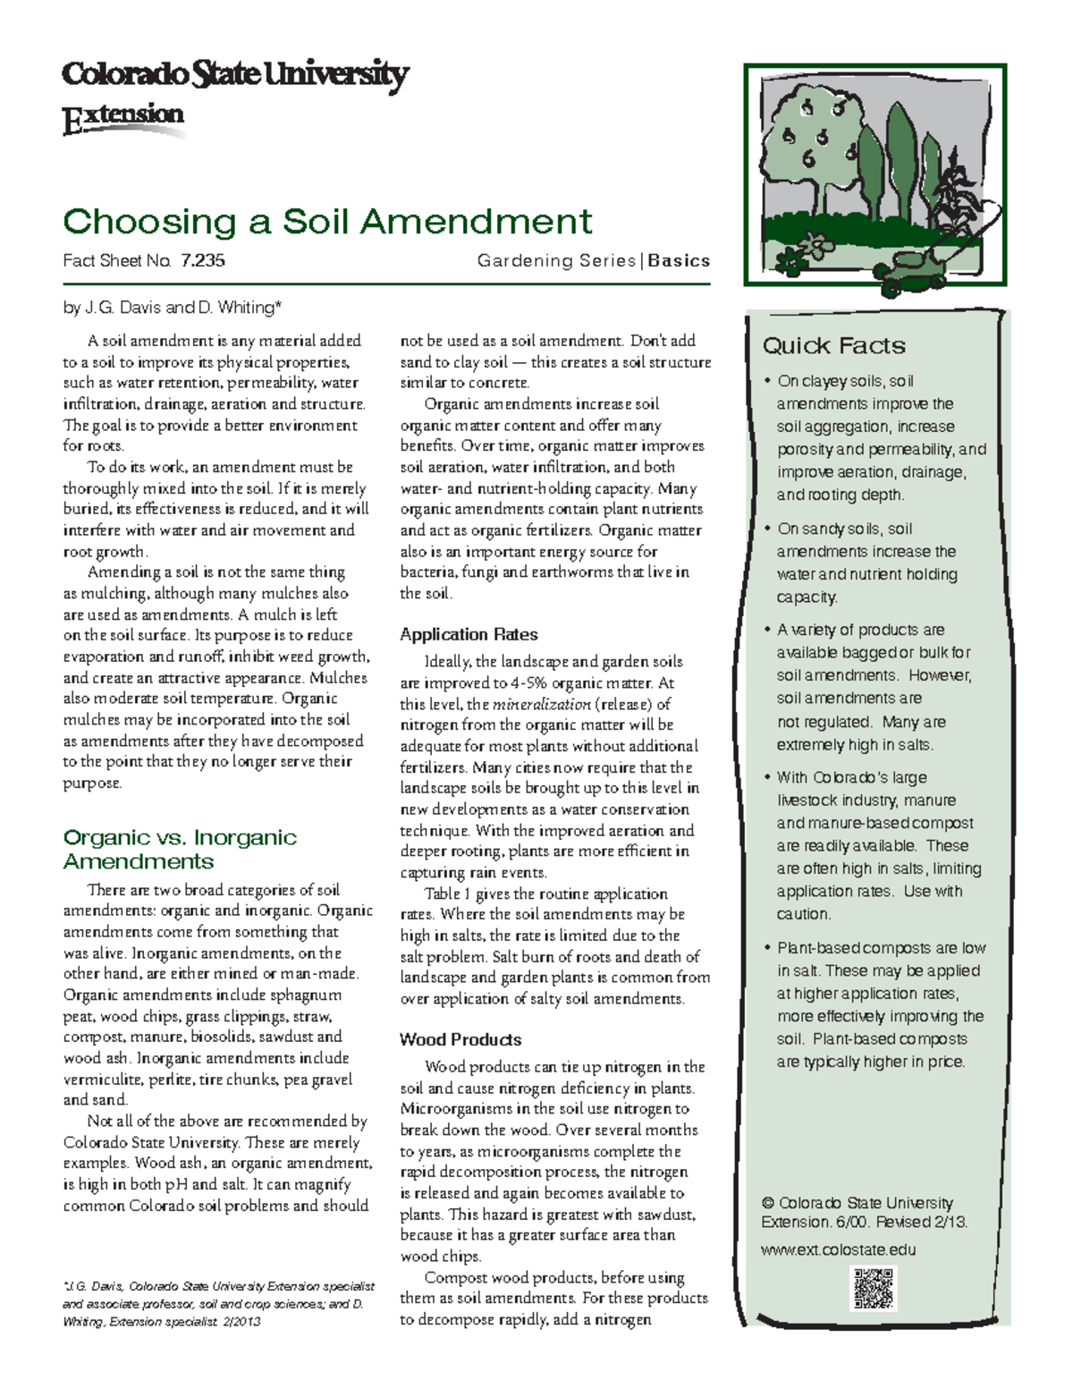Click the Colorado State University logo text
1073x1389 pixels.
coord(234,74)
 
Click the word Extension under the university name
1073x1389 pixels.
coord(123,117)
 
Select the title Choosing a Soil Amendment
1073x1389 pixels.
coord(327,221)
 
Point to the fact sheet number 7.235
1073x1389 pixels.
coord(202,261)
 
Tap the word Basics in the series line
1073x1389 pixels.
coord(679,261)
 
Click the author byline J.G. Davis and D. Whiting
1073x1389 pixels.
coord(172,308)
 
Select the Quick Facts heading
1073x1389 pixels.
coord(833,346)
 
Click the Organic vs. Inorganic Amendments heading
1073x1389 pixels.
coord(179,849)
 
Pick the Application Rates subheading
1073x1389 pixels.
coord(469,635)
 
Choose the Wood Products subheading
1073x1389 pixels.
coord(460,1039)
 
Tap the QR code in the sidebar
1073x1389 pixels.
coord(874,1288)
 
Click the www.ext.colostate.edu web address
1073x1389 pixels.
coord(838,1249)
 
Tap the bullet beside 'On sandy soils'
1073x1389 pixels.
coord(767,529)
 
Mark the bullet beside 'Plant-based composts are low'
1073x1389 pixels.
coord(767,947)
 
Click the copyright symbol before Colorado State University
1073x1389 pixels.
coord(767,1203)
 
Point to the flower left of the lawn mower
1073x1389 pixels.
coord(815,244)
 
